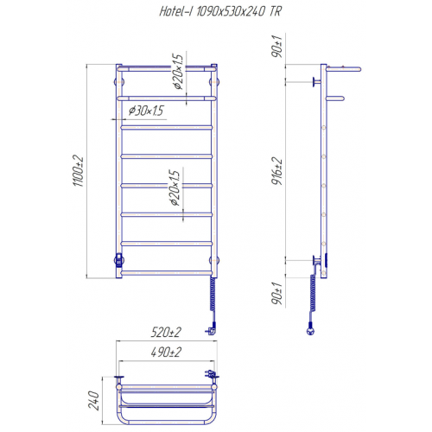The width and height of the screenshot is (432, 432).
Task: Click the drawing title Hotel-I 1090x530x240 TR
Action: coord(220,12)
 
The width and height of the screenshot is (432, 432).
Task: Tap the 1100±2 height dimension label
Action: coord(78,171)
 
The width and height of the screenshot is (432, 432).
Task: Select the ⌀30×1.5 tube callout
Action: coord(146,111)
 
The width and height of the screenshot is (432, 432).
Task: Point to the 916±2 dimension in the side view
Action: coord(277,171)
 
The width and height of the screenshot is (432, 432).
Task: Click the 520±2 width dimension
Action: coord(166,333)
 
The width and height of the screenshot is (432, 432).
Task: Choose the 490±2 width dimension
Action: coord(166,352)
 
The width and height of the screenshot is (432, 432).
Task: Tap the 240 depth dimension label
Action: coord(93,400)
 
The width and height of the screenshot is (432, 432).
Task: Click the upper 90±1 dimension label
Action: coord(277,46)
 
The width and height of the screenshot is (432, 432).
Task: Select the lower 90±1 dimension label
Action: coord(277,293)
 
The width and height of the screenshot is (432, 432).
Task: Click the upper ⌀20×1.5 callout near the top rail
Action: coord(177,72)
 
